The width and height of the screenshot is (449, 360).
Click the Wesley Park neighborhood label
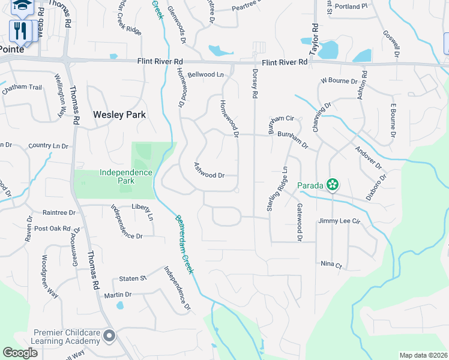click(x=119, y=114)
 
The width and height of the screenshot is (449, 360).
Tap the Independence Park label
click(x=126, y=176)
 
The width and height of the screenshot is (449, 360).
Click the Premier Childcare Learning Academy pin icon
click(x=109, y=337)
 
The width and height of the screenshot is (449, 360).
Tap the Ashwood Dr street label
click(x=209, y=170)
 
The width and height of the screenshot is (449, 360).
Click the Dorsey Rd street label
click(x=255, y=83)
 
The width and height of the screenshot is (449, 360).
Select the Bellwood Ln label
click(x=205, y=75)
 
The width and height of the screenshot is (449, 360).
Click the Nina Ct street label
click(x=331, y=265)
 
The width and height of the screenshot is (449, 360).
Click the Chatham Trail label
click(x=22, y=88)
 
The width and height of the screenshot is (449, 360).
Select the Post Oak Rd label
click(x=52, y=229)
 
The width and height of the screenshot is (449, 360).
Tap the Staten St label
click(x=133, y=278)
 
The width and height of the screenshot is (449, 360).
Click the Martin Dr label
click(x=118, y=295)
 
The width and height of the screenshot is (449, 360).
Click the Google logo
click(x=20, y=353)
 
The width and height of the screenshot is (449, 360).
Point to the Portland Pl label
click(x=352, y=7)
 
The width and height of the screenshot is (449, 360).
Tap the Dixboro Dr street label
click(x=377, y=187)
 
